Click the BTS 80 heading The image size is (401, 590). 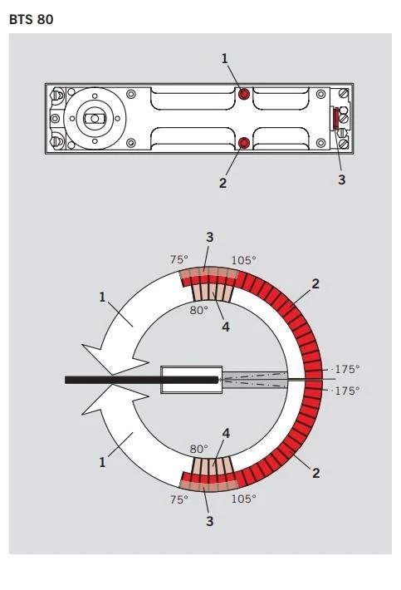(32, 20)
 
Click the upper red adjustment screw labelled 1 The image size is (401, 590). (244, 94)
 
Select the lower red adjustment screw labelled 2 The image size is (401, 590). (244, 143)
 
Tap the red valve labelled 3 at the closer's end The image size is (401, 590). (335, 118)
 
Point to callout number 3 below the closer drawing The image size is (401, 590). (341, 179)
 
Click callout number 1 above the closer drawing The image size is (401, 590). (224, 59)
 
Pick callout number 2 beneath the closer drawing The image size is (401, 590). (223, 183)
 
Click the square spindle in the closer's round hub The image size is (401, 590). (95, 119)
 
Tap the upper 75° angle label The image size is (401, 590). (178, 259)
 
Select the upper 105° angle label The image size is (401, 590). (243, 260)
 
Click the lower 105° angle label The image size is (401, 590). (243, 499)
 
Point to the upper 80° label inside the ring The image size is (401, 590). (198, 311)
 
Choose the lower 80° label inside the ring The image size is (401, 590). (198, 449)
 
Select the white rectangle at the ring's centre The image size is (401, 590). (191, 380)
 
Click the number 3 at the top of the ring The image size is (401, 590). (210, 238)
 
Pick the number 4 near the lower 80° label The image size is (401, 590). (226, 434)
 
